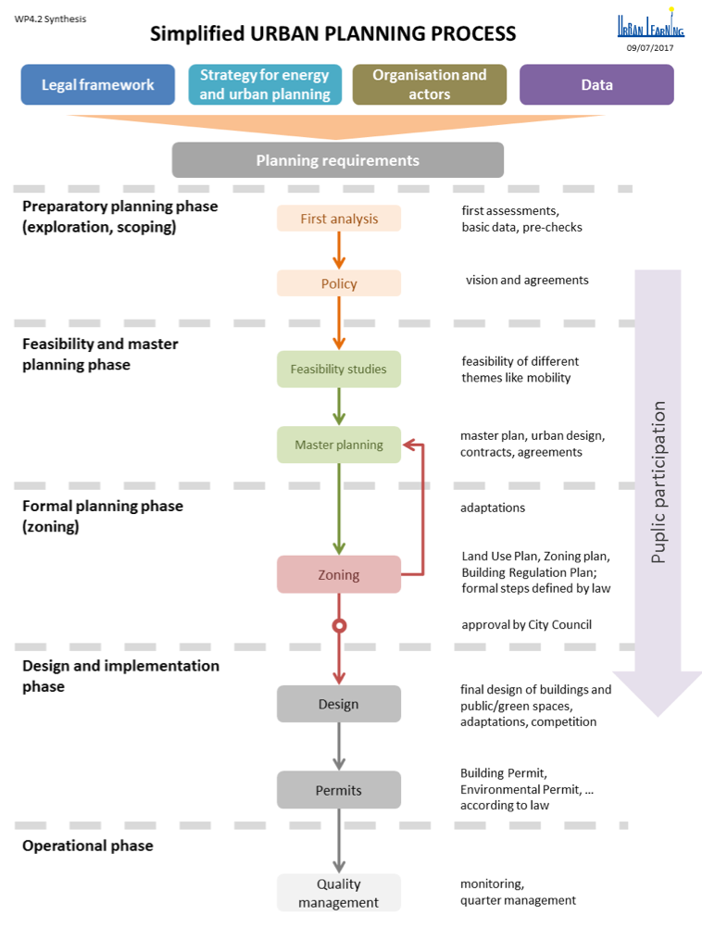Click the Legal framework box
[x=97, y=84]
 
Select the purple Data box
[x=596, y=84]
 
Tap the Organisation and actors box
[x=430, y=84]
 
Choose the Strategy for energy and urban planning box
[x=264, y=84]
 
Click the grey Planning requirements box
[x=338, y=160]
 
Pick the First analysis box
[x=339, y=219]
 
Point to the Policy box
[x=339, y=283]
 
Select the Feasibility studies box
[x=339, y=369]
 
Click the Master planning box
[x=339, y=445]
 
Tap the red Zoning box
[x=339, y=574]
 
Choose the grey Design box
[x=339, y=704]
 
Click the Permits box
[x=339, y=790]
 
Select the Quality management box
[x=339, y=893]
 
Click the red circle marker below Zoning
[x=339, y=626]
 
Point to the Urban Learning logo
[x=650, y=24]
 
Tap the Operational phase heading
[x=88, y=845]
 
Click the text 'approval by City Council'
[x=526, y=624]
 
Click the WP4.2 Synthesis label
[x=50, y=19]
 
